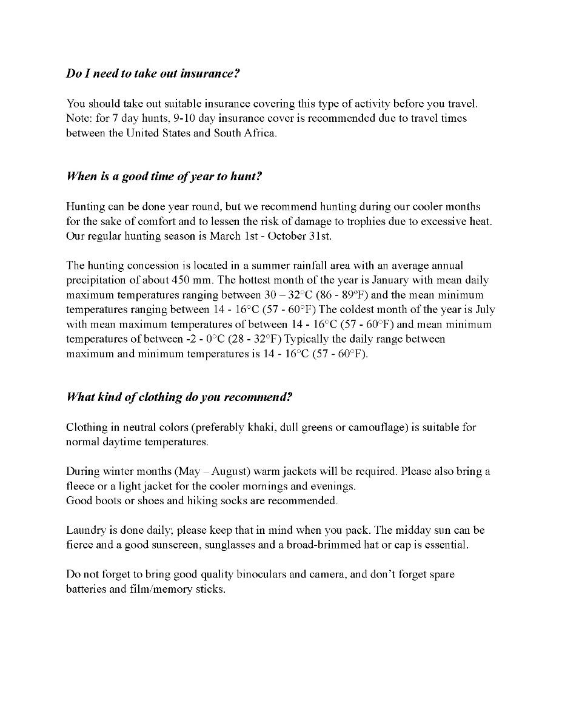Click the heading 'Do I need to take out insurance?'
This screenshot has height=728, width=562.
pyautogui.click(x=153, y=73)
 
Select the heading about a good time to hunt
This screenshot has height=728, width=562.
pyautogui.click(x=164, y=177)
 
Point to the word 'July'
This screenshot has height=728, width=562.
pyautogui.click(x=484, y=309)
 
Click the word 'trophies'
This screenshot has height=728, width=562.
pyautogui.click(x=342, y=221)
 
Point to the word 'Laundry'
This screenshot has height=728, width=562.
pyautogui.click(x=84, y=530)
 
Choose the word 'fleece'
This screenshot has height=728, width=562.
pyautogui.click(x=81, y=486)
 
